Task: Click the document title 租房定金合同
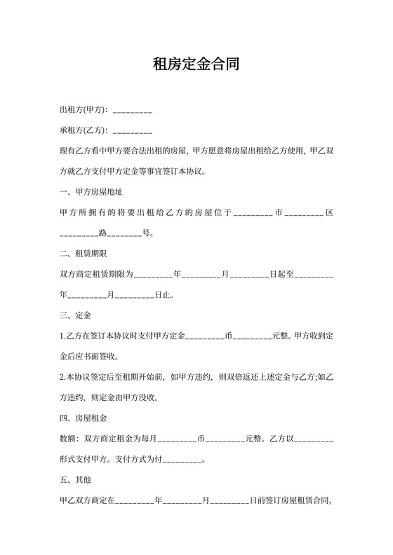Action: (196, 65)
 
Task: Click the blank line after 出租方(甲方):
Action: (132, 111)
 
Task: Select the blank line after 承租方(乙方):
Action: (132, 131)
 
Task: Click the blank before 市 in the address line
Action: (253, 212)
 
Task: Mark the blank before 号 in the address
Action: (124, 233)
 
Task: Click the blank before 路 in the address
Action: (79, 233)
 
